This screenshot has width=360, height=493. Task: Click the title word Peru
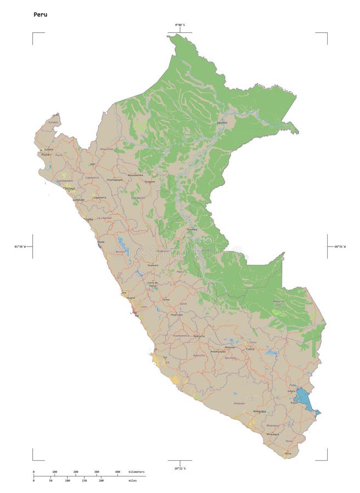(41, 14)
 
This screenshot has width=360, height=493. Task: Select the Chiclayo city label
(69, 188)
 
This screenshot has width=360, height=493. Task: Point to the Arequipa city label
(259, 411)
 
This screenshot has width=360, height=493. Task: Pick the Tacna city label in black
(288, 454)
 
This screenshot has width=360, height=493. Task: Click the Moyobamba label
(135, 175)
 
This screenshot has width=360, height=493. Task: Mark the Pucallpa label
(192, 230)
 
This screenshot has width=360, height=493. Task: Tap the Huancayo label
(176, 315)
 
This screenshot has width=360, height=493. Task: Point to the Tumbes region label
(53, 122)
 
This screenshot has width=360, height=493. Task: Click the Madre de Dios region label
(279, 302)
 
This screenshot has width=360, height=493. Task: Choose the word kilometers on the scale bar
(137, 472)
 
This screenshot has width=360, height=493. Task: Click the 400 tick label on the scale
(117, 472)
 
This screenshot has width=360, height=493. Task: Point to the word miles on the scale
(133, 480)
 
